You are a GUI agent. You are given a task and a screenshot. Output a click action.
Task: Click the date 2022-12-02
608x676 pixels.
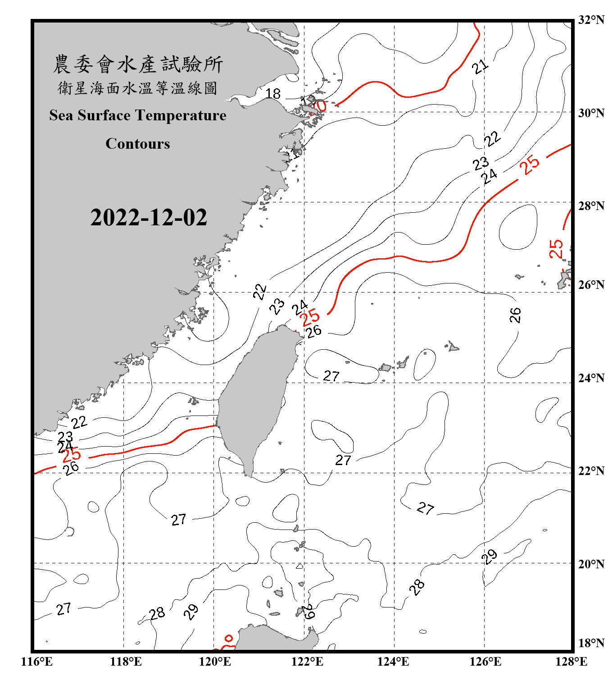(x=149, y=218)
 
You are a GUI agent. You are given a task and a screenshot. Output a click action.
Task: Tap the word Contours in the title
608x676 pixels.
(x=138, y=144)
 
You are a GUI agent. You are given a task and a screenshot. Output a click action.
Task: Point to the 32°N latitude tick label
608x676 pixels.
(x=591, y=20)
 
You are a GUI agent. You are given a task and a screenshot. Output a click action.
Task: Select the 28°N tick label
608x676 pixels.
(x=591, y=206)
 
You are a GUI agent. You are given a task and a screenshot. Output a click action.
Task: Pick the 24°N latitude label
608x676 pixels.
(x=591, y=378)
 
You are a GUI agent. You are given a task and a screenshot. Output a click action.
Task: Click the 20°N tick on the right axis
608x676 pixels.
(x=591, y=564)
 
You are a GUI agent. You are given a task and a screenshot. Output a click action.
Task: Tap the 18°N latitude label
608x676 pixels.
(x=591, y=643)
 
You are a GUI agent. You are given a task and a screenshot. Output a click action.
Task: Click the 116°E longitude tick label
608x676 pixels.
(x=36, y=662)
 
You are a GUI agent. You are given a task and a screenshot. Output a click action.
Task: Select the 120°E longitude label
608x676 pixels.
(x=215, y=662)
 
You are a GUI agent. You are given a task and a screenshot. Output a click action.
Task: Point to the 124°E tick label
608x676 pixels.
(x=393, y=662)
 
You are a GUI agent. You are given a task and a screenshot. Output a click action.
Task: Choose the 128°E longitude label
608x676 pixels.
(x=571, y=662)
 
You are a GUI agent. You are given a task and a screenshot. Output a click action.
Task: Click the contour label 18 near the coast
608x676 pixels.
(x=273, y=94)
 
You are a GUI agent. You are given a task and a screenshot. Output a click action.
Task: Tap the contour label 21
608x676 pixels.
(x=480, y=67)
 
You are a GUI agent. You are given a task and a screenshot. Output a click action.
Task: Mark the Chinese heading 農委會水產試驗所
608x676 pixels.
(x=138, y=64)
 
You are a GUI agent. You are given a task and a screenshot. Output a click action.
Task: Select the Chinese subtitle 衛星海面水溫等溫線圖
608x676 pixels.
(x=138, y=88)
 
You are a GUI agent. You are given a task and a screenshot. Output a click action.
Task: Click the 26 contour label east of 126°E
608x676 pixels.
(x=515, y=315)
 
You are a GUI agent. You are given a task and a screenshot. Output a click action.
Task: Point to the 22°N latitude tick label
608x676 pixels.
(x=591, y=471)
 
